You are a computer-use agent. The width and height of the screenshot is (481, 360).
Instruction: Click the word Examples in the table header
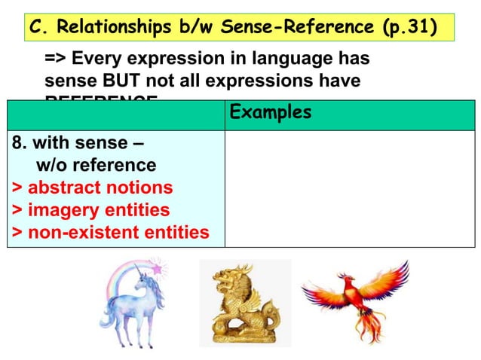point(270,113)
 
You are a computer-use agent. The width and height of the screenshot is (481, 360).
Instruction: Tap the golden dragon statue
point(243,304)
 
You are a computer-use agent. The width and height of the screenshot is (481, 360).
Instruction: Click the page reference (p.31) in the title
point(407,28)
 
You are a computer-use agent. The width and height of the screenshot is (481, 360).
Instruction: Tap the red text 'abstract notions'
point(100,187)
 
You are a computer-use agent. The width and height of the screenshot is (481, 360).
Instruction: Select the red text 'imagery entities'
point(98,209)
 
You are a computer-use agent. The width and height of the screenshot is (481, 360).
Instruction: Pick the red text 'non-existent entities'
point(118,232)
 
